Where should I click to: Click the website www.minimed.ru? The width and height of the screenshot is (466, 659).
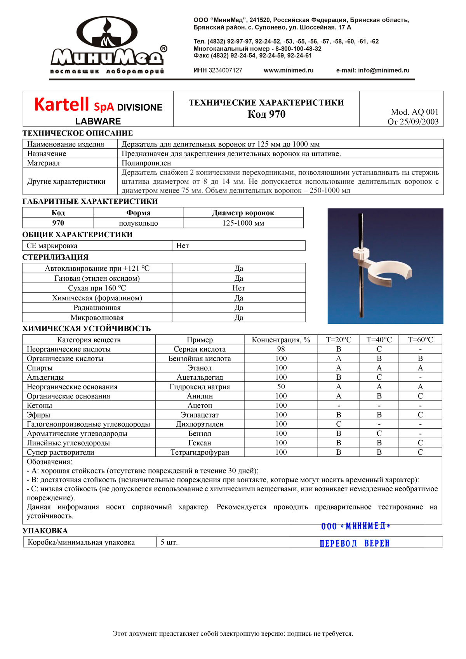click(289, 70)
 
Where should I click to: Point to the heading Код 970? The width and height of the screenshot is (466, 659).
click(266, 114)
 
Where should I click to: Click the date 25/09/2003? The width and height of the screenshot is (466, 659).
click(419, 122)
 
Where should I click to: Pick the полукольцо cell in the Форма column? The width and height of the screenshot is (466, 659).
click(138, 223)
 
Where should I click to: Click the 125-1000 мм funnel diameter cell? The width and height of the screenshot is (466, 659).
click(243, 223)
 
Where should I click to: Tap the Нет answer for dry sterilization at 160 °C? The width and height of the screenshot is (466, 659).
click(238, 288)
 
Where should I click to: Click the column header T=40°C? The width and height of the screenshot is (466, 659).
click(379, 340)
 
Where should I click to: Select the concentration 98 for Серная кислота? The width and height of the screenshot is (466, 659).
click(281, 349)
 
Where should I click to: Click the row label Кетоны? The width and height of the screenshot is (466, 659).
click(39, 405)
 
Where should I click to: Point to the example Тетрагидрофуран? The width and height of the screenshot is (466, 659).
click(200, 452)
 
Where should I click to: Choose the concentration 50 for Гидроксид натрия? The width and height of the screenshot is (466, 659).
click(281, 387)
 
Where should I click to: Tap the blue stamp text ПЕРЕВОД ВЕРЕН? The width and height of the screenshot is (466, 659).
click(354, 543)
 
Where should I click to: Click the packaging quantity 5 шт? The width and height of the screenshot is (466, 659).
click(169, 543)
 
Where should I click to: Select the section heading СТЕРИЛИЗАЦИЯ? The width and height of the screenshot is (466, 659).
click(56, 257)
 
